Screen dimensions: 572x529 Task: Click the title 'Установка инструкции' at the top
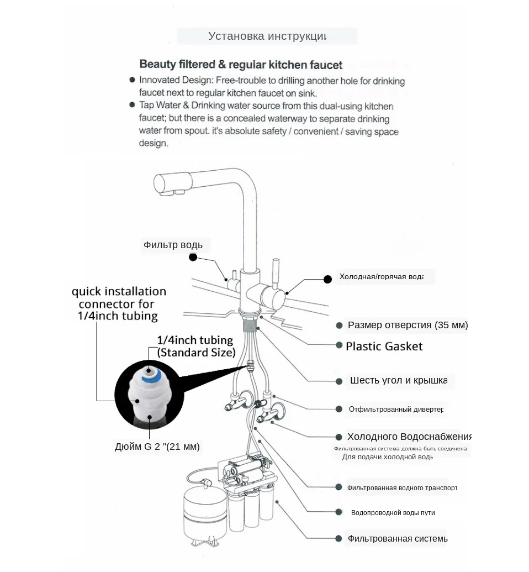(267, 36)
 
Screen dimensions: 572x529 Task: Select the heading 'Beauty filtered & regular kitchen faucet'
(241, 65)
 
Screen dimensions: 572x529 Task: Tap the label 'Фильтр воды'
(173, 245)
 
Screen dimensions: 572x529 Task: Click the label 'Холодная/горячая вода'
(381, 276)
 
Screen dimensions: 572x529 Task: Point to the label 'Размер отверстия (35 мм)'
(408, 325)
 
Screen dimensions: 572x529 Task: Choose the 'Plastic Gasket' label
(384, 347)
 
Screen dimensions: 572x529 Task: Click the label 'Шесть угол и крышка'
(398, 380)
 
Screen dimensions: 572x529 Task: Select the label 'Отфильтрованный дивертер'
(396, 410)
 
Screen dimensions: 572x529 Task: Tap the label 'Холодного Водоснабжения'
(409, 437)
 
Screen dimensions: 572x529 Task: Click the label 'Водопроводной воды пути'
(393, 513)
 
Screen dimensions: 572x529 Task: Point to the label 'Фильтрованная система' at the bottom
(397, 538)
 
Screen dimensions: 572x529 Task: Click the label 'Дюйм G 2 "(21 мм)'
(157, 447)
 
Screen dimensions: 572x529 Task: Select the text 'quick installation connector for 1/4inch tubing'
(118, 303)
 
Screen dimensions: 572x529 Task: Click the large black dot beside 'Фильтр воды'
(193, 257)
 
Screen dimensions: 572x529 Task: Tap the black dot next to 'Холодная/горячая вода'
(327, 280)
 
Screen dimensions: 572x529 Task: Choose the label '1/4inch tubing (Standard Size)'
(196, 347)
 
